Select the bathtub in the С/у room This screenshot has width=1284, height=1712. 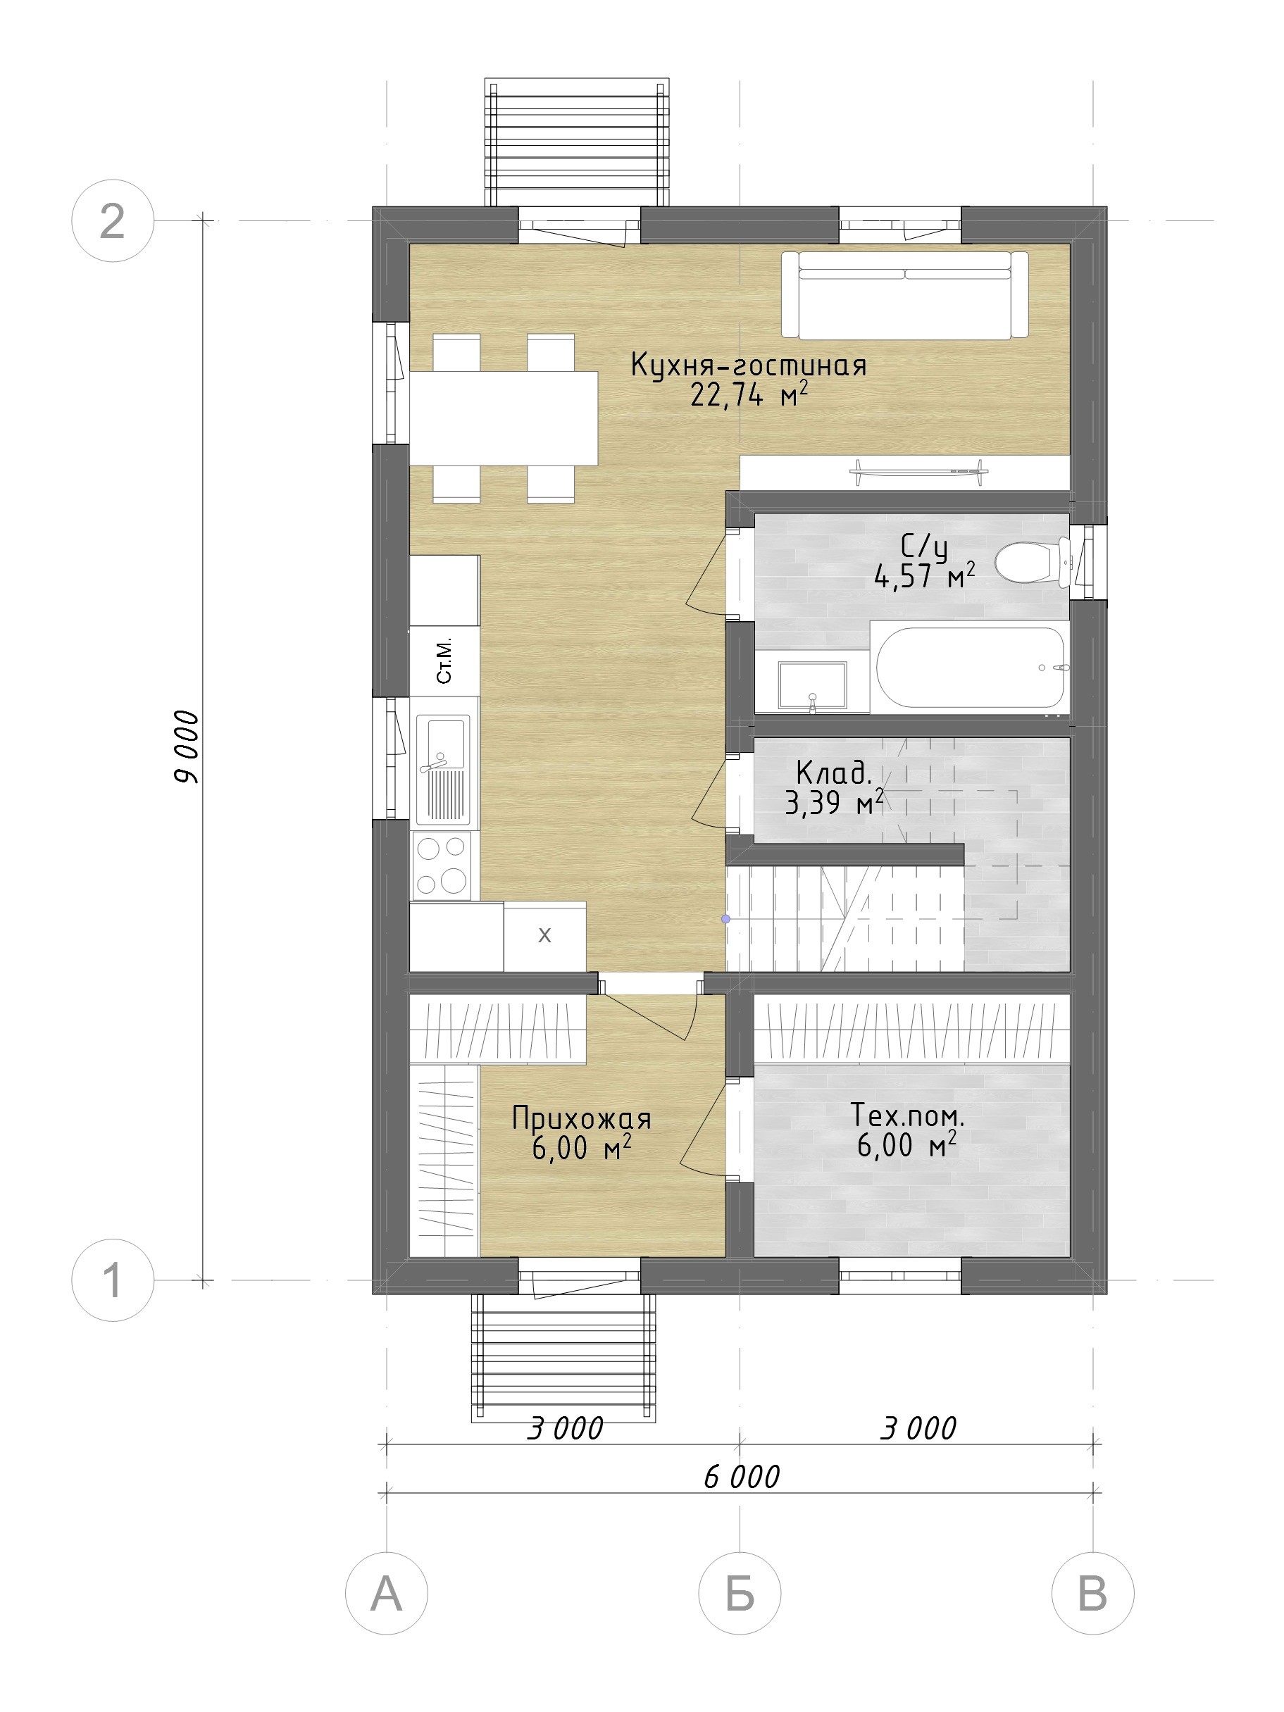tap(970, 666)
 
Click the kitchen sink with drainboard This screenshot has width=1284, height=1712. tap(444, 769)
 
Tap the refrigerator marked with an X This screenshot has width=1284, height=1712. tap(544, 936)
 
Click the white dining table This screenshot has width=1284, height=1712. tap(503, 418)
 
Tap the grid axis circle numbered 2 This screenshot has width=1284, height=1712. tap(113, 220)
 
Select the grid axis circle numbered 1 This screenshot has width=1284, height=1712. tap(113, 1280)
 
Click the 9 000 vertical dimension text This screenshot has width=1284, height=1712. tap(187, 748)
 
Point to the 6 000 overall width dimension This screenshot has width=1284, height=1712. tap(742, 1477)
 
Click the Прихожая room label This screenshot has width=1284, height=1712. tap(581, 1118)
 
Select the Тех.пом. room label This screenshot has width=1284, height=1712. tap(907, 1115)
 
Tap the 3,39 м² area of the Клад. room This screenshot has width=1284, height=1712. tap(835, 804)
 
